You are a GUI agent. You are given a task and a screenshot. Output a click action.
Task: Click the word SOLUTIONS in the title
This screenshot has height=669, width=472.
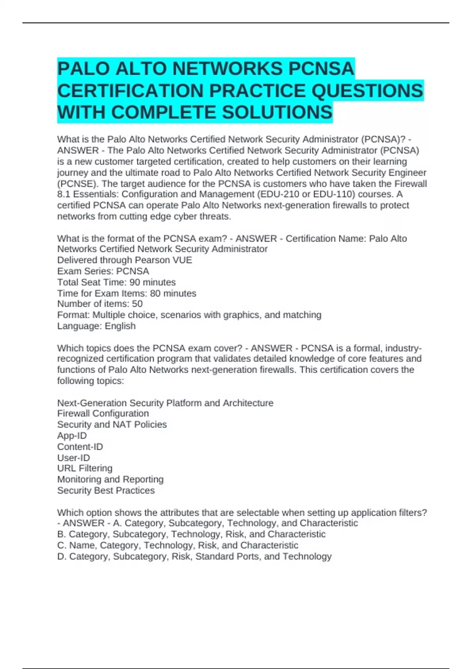click(277, 112)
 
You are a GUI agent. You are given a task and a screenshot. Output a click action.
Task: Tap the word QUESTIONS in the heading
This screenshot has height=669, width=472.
click(367, 91)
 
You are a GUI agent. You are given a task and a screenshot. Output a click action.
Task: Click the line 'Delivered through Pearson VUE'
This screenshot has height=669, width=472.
click(125, 260)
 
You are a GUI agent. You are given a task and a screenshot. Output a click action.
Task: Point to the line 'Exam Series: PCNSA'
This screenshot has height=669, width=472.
click(103, 271)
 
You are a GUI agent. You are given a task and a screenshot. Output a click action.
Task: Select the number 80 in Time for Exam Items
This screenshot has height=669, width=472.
click(155, 293)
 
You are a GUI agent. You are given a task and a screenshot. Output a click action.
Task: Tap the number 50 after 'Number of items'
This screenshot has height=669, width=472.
click(137, 304)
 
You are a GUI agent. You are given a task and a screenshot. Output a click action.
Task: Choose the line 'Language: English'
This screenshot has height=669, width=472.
click(96, 326)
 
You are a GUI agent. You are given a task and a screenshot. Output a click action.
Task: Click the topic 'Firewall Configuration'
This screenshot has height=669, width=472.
click(103, 413)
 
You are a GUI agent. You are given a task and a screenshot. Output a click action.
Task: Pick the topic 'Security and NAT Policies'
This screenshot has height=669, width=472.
click(112, 424)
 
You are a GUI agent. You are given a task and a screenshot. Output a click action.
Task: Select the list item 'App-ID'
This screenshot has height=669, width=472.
click(72, 436)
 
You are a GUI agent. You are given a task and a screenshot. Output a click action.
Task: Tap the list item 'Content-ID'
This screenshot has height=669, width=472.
click(80, 447)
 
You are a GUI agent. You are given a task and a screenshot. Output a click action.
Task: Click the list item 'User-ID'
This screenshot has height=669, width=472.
click(74, 458)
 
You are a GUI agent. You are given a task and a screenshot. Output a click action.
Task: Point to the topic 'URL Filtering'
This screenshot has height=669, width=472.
click(85, 468)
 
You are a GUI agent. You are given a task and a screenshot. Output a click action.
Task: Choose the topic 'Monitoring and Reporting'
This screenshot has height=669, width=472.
click(110, 479)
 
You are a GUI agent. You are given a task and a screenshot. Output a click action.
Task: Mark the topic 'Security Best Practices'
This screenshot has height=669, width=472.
click(106, 490)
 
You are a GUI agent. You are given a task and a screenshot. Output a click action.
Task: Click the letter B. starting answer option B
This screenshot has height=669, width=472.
click(61, 534)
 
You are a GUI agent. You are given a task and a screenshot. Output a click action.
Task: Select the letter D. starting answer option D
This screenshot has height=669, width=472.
click(62, 556)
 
